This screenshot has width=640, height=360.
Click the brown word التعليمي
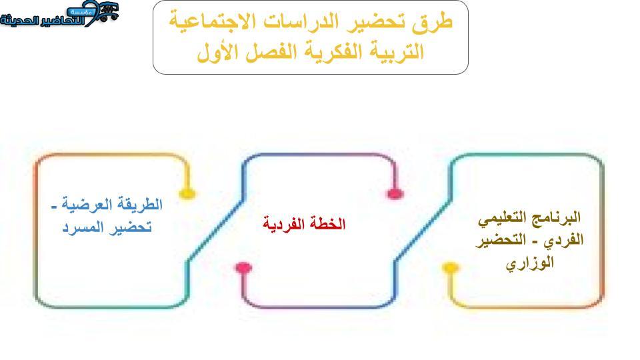[x=505, y=217]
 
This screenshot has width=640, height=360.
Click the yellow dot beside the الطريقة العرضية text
[x=187, y=193]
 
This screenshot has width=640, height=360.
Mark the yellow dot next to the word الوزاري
[x=450, y=268]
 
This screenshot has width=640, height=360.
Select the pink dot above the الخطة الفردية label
[x=395, y=194]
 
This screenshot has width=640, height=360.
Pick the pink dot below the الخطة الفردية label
[x=244, y=268]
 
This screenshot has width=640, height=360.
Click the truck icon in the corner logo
[x=108, y=11]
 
